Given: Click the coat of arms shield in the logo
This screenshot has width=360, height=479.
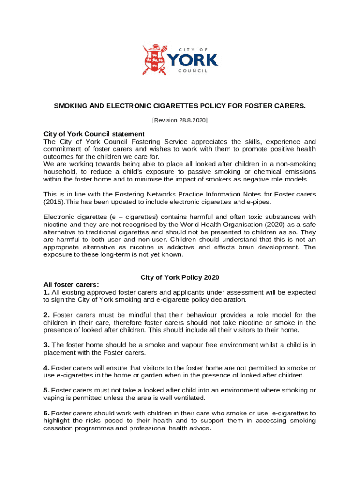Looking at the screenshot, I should [x=154, y=60].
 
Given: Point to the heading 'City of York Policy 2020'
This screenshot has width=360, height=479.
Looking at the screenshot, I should [x=180, y=277].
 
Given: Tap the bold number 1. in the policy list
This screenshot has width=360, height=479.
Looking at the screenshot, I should [x=46, y=292].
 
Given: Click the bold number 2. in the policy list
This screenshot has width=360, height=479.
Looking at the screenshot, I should [x=46, y=315].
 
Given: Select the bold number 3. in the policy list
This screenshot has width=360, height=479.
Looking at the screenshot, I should [x=46, y=345].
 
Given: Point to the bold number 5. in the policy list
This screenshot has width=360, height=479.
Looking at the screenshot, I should [x=46, y=390].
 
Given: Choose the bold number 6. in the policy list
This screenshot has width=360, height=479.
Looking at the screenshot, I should [x=46, y=413].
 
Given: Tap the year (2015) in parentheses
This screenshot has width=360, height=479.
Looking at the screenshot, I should [x=53, y=202].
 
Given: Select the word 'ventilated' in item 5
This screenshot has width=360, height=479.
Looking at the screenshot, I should [x=189, y=398].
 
